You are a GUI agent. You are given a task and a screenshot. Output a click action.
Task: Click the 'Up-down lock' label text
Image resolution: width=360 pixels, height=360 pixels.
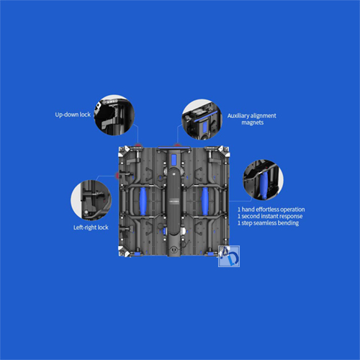73,114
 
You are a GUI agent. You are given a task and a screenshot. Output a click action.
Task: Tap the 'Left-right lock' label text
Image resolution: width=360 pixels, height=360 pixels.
91,228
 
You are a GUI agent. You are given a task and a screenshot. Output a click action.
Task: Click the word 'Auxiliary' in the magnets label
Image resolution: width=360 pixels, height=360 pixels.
238,116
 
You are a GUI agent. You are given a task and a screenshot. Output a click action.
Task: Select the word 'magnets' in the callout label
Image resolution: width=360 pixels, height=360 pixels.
253,122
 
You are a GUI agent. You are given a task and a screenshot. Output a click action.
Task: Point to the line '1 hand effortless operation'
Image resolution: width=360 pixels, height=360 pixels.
271,210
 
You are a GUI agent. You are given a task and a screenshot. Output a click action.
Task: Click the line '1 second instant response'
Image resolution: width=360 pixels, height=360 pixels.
270,216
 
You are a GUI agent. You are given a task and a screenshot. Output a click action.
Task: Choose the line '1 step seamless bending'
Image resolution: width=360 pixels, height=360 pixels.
268,223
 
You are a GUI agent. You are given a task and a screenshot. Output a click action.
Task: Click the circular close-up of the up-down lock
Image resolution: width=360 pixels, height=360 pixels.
114,114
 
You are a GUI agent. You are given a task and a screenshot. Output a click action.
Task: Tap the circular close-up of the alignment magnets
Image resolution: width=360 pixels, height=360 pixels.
202,120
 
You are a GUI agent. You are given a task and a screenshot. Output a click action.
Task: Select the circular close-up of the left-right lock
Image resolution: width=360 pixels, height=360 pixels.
91,200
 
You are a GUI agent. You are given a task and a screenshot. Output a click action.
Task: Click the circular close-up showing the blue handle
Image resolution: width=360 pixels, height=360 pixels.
264,180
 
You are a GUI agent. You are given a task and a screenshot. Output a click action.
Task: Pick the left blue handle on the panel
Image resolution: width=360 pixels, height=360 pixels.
143,201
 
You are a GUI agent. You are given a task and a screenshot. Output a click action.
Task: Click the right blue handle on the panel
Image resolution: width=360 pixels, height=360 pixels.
205,201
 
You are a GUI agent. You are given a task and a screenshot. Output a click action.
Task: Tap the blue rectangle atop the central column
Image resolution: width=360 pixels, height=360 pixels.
174,160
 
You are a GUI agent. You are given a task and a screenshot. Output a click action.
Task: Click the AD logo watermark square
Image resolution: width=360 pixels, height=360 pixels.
229,256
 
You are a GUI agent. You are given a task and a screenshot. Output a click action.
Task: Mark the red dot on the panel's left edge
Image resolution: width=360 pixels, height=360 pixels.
117,176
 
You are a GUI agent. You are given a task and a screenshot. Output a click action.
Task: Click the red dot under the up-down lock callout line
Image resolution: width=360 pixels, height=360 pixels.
138,145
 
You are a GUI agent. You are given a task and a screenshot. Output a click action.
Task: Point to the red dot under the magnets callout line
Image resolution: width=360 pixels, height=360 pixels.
177,145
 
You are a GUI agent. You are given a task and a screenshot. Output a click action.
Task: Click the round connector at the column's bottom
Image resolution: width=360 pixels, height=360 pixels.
174,249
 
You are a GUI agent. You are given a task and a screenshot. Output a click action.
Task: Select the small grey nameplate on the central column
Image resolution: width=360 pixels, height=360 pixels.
174,200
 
